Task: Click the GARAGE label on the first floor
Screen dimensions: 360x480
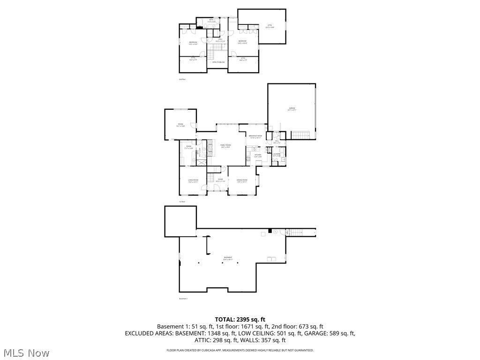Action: (292, 109)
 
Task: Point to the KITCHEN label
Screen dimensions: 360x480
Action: (258, 155)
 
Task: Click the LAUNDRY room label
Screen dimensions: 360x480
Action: (277, 154)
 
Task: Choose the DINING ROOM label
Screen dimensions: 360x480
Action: (242, 181)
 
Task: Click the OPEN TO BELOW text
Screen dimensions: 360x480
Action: (218, 62)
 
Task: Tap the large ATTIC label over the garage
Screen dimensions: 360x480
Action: (270, 26)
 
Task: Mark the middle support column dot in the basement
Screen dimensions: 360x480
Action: (222, 263)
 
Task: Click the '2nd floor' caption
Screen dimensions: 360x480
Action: (182, 79)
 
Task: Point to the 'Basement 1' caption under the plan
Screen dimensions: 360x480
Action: (183, 299)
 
